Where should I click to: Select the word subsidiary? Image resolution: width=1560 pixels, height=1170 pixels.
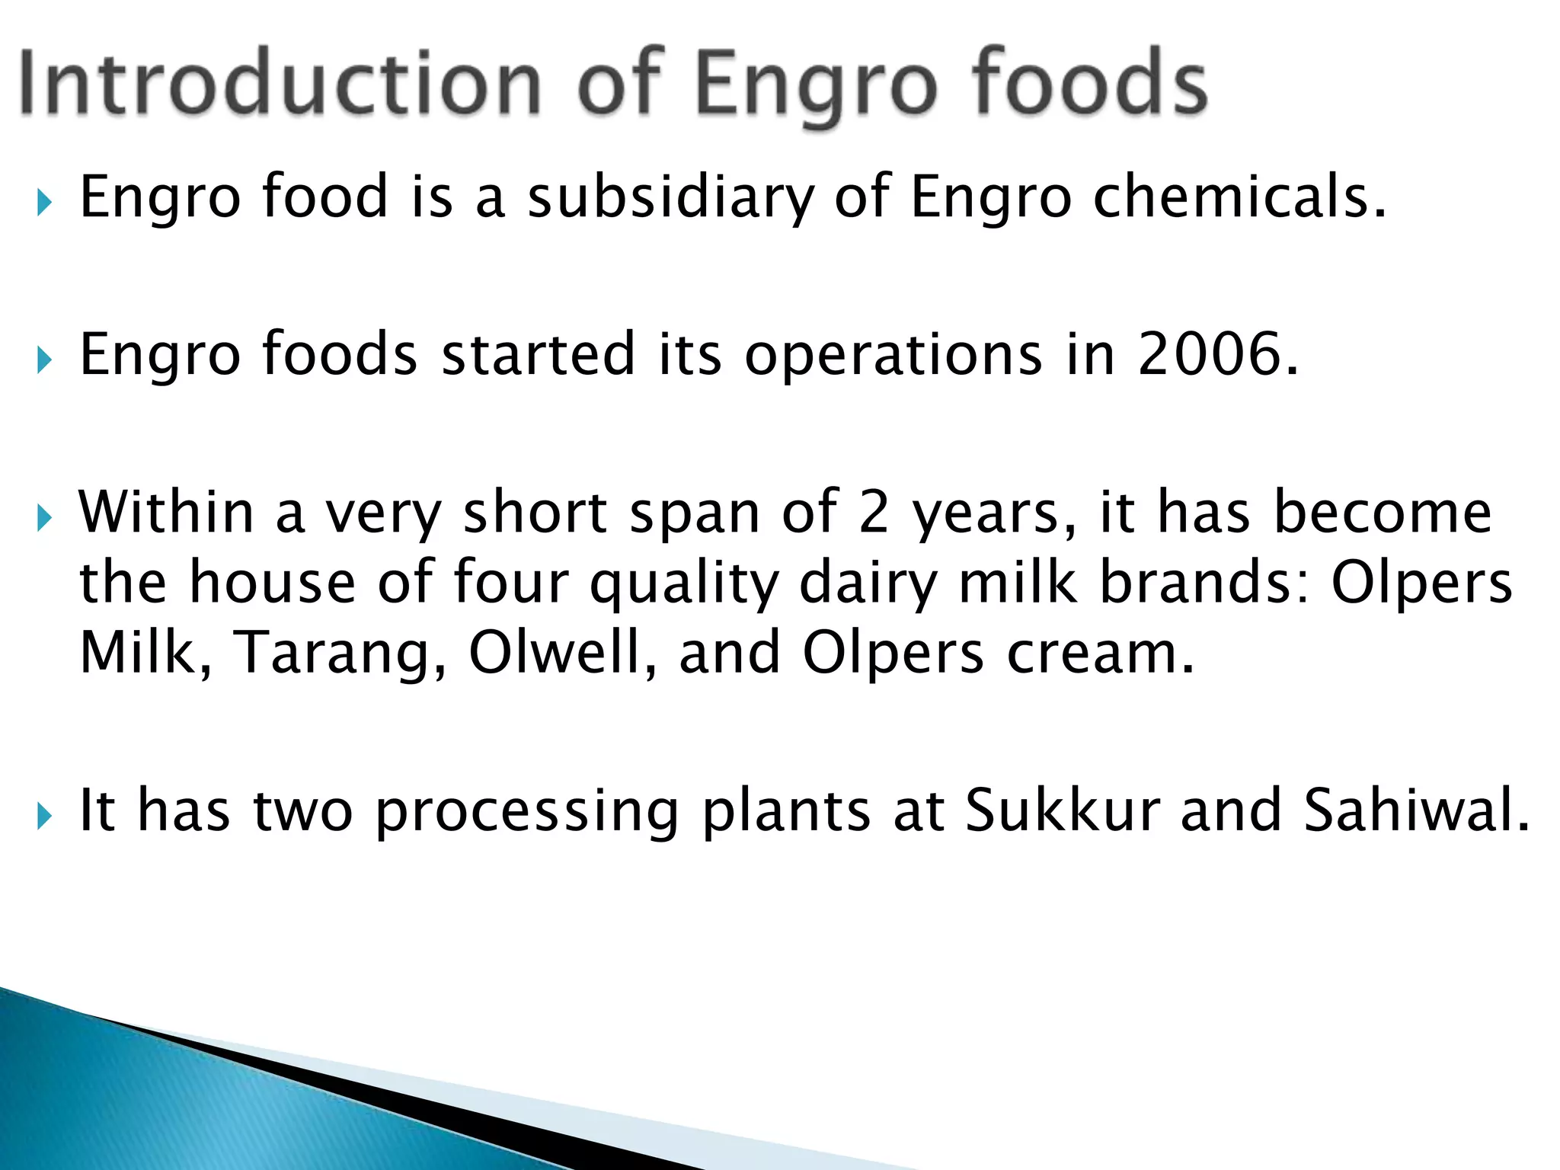pos(671,197)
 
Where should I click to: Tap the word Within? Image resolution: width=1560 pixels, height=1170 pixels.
pos(166,512)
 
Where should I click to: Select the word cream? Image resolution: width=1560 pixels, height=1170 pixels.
pos(1100,654)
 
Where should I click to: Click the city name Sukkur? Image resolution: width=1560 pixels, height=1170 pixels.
pos(1063,810)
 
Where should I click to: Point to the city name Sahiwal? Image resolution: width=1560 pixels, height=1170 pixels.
pos(1415,810)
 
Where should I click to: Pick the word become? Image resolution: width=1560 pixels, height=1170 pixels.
pos(1383,512)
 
